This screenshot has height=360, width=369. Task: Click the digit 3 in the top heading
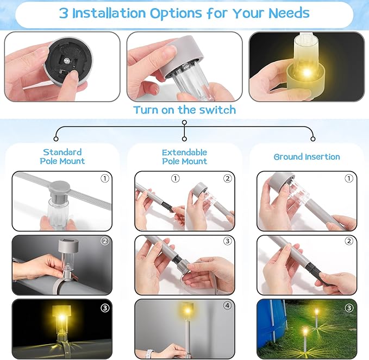pos(64,13)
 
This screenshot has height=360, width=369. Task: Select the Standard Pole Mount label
pos(62,156)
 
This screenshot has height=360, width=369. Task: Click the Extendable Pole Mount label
pos(185,157)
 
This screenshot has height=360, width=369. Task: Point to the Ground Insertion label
pos(307,157)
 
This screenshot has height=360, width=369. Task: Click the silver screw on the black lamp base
pos(67,61)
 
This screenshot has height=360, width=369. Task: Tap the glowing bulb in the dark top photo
pos(306,72)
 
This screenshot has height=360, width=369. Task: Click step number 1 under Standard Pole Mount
pos(105,179)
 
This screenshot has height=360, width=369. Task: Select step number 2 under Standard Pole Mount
pos(105,241)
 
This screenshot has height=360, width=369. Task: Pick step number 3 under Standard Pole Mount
pos(105,308)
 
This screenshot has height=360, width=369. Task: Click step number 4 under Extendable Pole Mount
pos(227,306)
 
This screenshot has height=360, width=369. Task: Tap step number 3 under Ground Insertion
pos(349,308)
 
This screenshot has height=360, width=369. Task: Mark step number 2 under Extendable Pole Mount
pos(227,179)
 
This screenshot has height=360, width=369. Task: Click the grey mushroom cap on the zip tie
pos(60,187)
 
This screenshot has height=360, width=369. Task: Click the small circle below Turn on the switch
pos(185,123)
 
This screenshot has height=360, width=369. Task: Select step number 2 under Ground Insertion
pos(349,241)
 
